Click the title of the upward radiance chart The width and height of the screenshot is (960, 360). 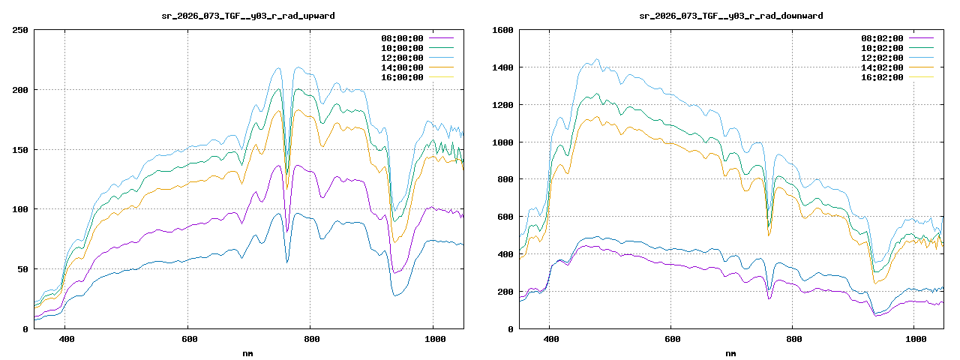[248, 16]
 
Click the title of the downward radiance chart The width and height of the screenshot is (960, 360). [731, 16]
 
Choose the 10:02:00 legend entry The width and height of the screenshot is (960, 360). [881, 48]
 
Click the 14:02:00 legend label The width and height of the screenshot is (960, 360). [881, 67]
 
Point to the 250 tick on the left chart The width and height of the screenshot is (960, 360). [20, 30]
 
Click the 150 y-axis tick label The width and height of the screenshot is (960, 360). [20, 150]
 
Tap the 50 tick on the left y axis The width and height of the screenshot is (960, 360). [22, 269]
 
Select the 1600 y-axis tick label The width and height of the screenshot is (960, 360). [502, 30]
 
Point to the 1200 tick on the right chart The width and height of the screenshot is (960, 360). [502, 105]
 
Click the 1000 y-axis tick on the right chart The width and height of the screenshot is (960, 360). [502, 142]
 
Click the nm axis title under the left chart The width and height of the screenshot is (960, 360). [248, 352]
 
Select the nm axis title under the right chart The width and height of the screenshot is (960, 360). [731, 352]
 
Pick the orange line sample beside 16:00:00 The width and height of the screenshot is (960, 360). [441, 77]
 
